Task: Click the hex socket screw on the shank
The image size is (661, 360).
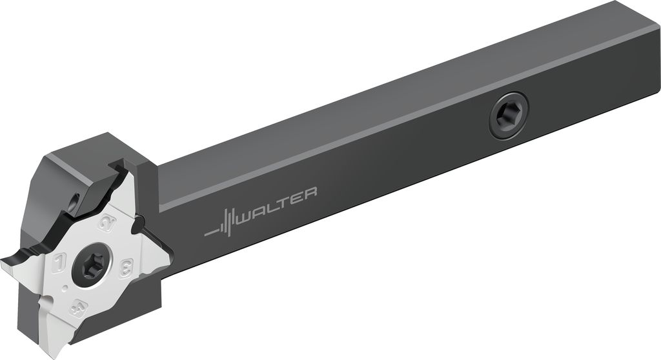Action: click(x=509, y=115)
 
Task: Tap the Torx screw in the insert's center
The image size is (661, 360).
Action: click(x=92, y=264)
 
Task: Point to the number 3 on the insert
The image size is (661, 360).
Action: click(x=126, y=268)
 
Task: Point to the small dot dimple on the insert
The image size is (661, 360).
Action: click(x=65, y=288)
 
